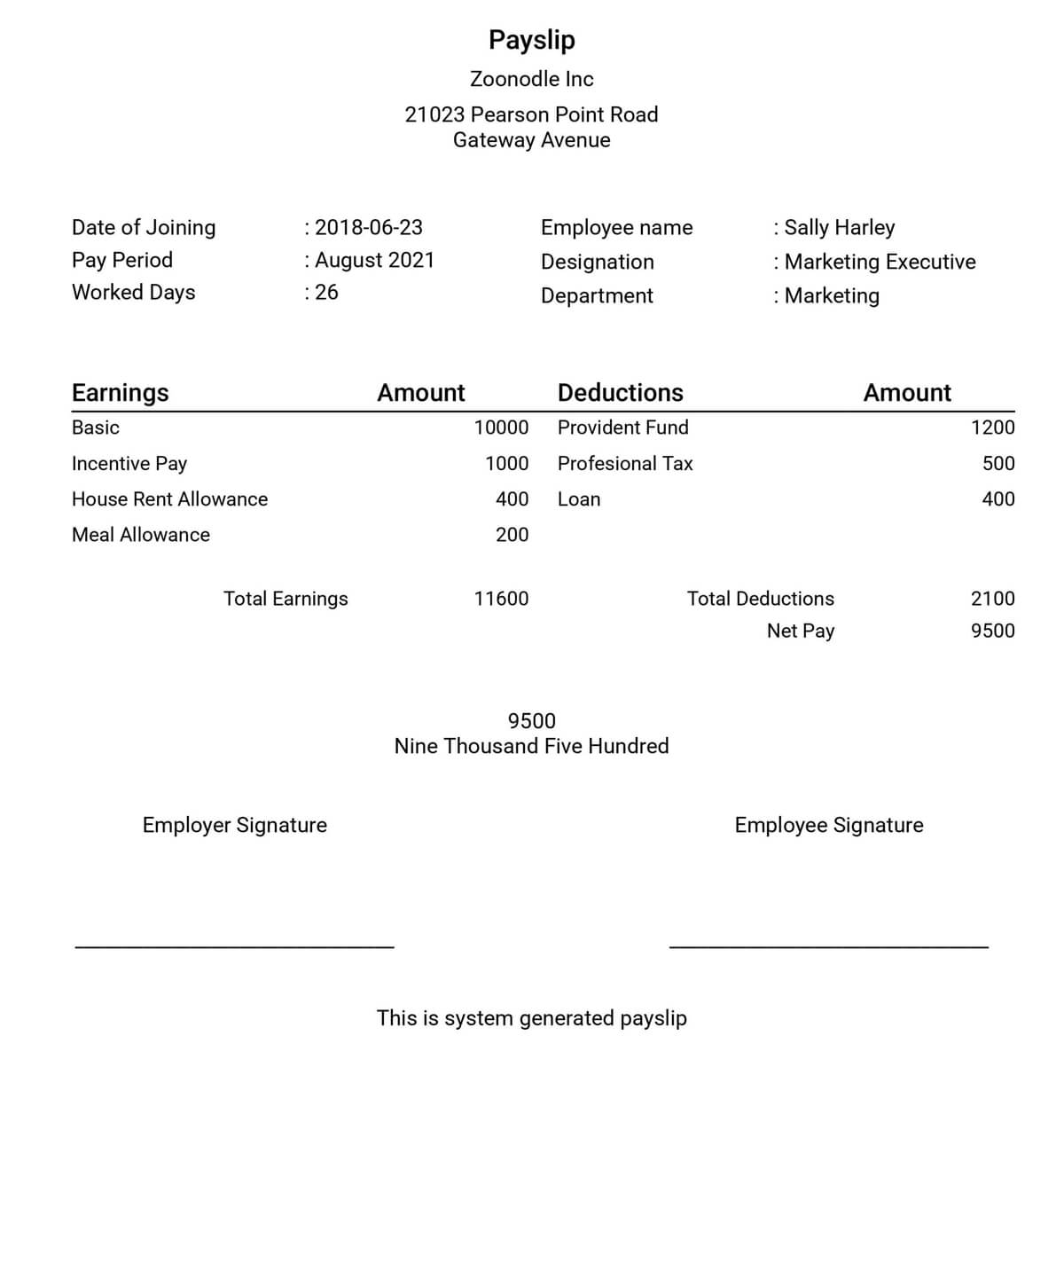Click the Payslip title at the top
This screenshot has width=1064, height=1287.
(x=531, y=40)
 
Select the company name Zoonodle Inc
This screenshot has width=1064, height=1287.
(x=531, y=79)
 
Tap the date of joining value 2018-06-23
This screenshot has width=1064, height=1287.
(x=368, y=228)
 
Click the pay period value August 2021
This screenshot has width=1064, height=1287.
(x=374, y=260)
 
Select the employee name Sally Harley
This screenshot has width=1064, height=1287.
(x=839, y=228)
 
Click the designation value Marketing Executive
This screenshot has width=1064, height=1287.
(x=879, y=262)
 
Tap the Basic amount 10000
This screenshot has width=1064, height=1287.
(x=501, y=428)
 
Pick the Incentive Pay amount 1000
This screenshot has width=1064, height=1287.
(x=506, y=464)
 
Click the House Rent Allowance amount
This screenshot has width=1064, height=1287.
(x=512, y=499)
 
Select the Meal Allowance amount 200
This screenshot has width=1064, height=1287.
(x=512, y=535)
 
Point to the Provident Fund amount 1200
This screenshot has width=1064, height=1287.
(x=992, y=428)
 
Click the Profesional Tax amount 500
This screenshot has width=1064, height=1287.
(x=998, y=464)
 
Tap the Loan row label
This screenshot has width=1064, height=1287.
(x=579, y=499)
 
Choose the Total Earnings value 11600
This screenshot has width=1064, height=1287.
(x=501, y=599)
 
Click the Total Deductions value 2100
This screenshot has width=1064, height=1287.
(x=992, y=599)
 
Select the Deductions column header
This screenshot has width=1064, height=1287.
(x=620, y=393)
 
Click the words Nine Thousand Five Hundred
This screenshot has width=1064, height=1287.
(x=531, y=746)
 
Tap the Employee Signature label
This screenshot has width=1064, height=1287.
(x=828, y=826)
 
